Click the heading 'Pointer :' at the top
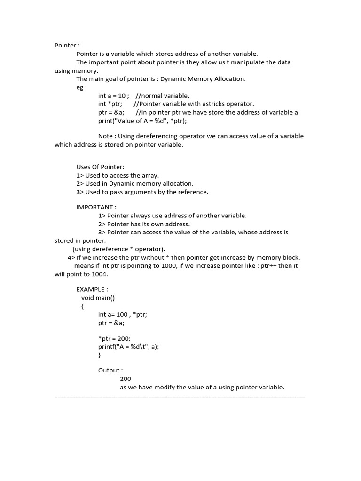coord(67,46)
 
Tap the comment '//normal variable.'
coord(162,96)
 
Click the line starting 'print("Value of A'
coord(142,121)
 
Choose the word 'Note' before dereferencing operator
coord(106,136)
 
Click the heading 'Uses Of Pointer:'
coord(100,167)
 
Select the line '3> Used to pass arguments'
coord(142,192)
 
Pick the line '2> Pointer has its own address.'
coord(144,224)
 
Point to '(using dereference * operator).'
coord(119,249)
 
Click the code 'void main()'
coord(98,298)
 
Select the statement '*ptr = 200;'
coord(114,338)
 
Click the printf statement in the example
coord(132,347)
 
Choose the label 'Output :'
coord(110,371)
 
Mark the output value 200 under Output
coord(126,379)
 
